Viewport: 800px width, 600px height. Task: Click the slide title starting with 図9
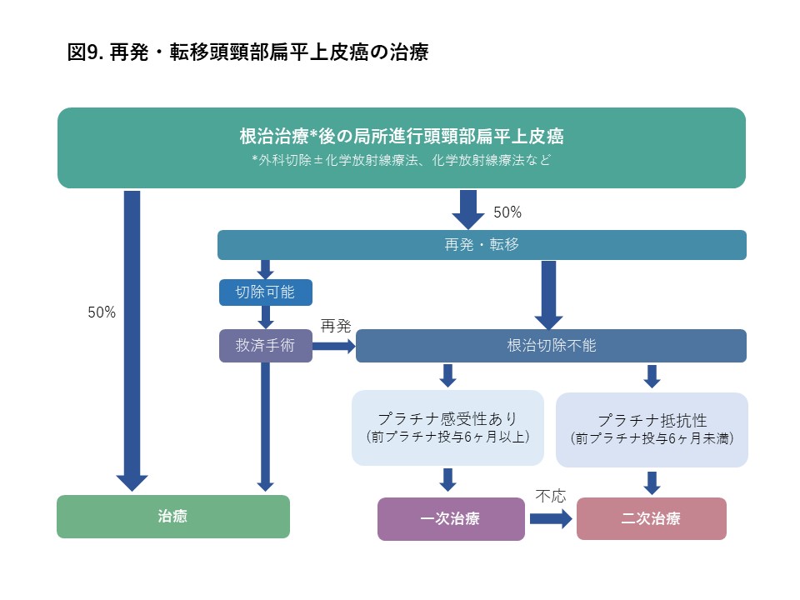click(247, 52)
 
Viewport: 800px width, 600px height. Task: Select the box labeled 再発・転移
click(482, 245)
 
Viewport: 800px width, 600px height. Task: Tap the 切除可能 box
click(265, 292)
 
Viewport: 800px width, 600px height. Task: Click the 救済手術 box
click(265, 346)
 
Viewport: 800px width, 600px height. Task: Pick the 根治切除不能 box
click(551, 346)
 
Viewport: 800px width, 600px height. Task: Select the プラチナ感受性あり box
click(447, 427)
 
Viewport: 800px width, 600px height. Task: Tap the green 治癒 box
click(173, 517)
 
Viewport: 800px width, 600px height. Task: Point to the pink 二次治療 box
click(651, 519)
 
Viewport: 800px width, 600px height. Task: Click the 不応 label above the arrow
click(550, 497)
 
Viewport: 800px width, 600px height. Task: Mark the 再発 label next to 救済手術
click(336, 327)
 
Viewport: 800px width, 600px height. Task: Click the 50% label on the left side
click(102, 312)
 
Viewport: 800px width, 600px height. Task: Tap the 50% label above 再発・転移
click(507, 212)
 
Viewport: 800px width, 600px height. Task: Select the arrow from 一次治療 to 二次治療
click(551, 519)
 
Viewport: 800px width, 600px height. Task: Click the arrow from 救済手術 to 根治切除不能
click(334, 346)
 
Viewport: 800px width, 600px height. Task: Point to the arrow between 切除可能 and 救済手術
click(266, 317)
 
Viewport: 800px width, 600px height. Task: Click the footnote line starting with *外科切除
click(401, 160)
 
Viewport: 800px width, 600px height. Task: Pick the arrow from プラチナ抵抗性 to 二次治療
click(652, 482)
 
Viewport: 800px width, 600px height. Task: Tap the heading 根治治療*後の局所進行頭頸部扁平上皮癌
click(401, 136)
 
